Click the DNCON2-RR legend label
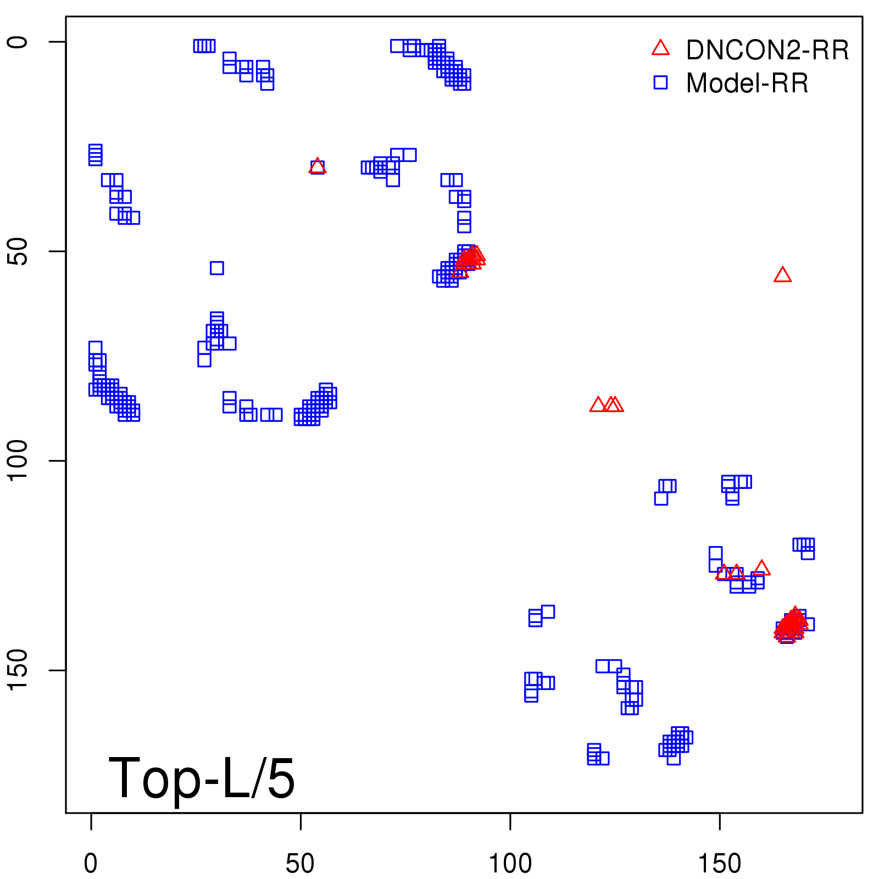point(767,51)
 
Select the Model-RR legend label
point(747,84)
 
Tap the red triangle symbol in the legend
point(660,48)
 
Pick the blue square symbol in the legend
point(660,82)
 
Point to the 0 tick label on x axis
point(91,864)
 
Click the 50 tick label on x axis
point(300,864)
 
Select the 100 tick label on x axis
point(510,864)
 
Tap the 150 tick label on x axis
point(719,864)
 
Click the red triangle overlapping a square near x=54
point(318,166)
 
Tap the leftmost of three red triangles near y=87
point(598,405)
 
